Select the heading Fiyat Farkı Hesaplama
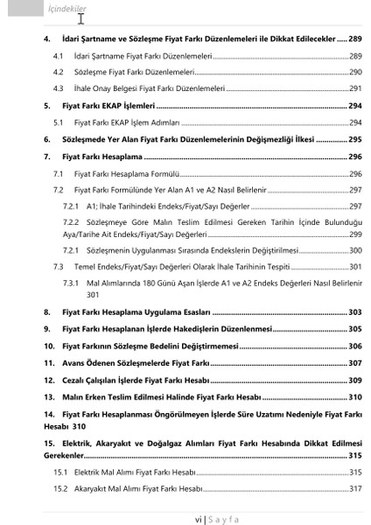coord(108,157)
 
